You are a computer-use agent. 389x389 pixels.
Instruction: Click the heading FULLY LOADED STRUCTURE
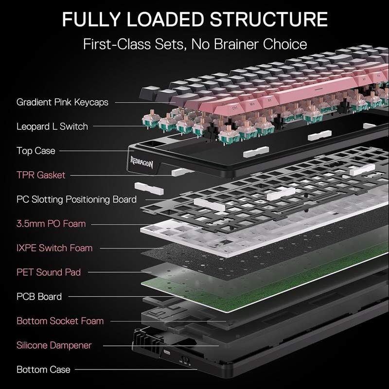[x=194, y=19]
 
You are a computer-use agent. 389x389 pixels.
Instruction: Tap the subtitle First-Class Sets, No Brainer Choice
[x=194, y=44]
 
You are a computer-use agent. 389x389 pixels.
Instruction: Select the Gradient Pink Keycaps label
[x=62, y=102]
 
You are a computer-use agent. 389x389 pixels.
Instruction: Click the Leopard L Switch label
[x=52, y=126]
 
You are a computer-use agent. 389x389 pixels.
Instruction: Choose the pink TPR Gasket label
[x=41, y=175]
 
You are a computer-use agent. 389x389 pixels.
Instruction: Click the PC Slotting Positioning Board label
[x=76, y=199]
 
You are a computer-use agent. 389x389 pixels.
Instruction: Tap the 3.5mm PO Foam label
[x=51, y=224]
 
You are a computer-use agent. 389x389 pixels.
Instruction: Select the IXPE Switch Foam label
[x=54, y=248]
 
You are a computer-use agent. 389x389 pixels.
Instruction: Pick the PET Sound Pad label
[x=49, y=272]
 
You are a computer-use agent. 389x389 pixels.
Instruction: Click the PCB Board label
[x=39, y=297]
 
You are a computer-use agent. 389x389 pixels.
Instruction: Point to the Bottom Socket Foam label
[x=60, y=321]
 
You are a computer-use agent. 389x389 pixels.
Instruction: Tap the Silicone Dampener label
[x=54, y=345]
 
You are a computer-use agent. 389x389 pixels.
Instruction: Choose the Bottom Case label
[x=43, y=370]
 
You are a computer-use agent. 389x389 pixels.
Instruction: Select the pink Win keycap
[x=252, y=103]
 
